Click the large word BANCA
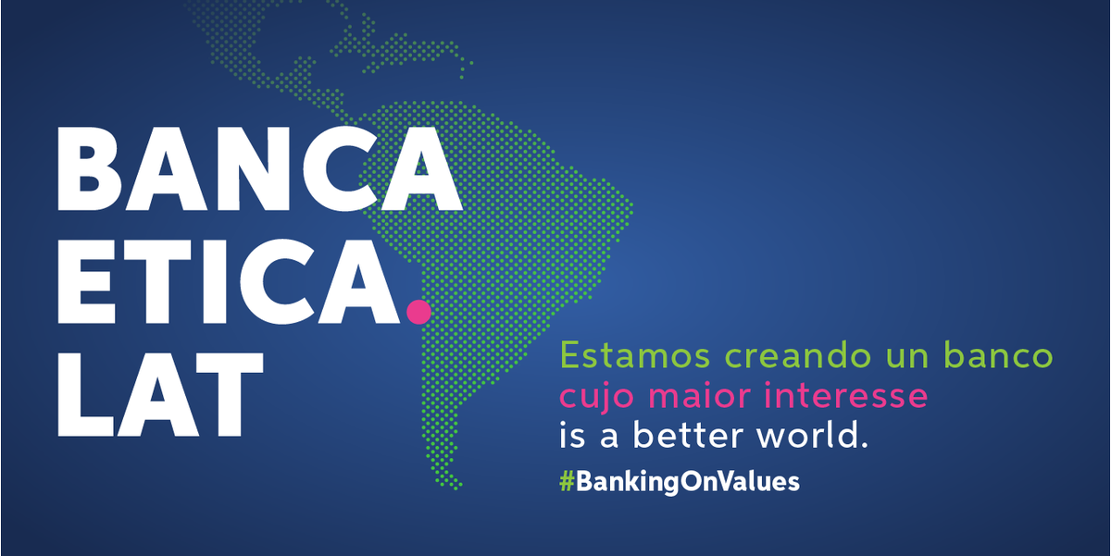click(259, 168)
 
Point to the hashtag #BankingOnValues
click(679, 481)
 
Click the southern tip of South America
click(456, 483)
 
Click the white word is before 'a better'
click(573, 436)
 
